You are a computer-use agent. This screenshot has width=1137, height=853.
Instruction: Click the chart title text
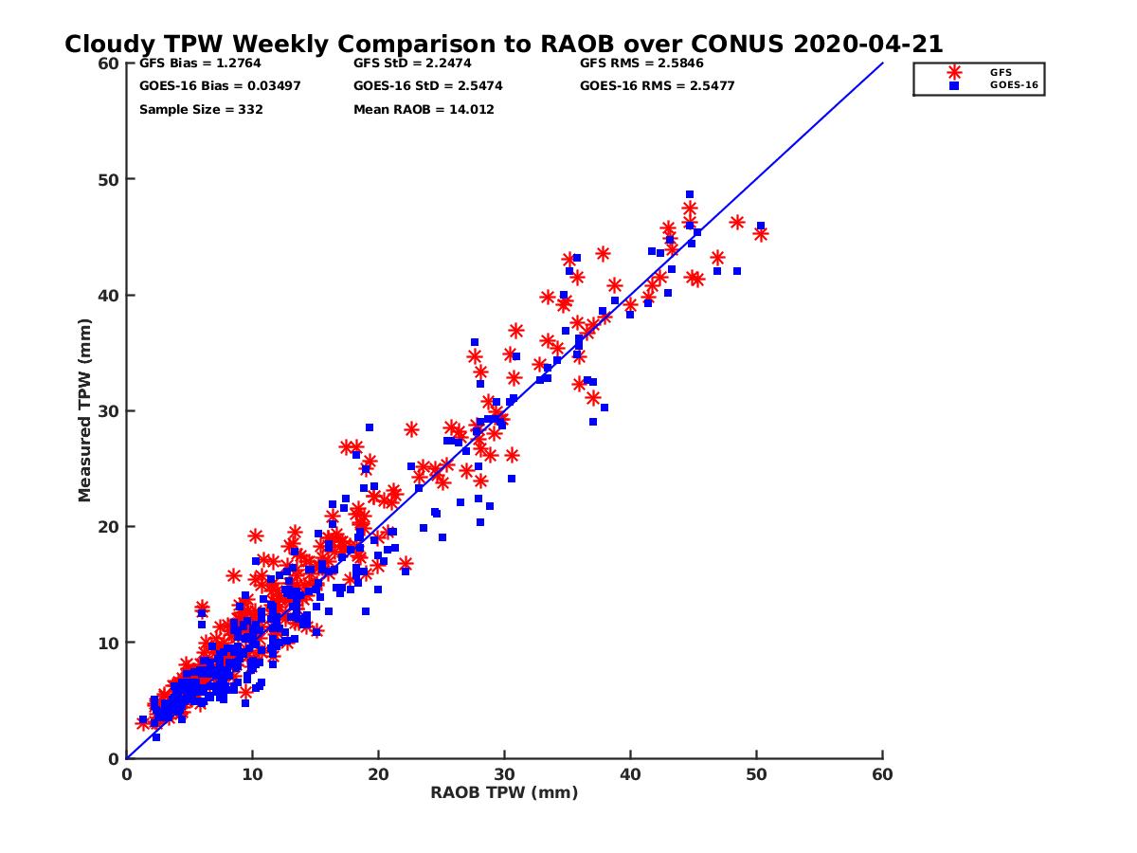503,44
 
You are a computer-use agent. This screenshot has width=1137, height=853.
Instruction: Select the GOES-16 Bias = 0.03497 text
207,86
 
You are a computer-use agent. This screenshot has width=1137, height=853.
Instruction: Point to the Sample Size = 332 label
201,109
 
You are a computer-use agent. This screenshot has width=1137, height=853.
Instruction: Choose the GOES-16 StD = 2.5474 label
427,86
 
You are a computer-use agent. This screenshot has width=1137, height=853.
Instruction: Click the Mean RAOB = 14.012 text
424,109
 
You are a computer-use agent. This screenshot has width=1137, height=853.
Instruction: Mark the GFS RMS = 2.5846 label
641,64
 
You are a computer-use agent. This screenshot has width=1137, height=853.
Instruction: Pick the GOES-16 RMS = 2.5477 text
657,86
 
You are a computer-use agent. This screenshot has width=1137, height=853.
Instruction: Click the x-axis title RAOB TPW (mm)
504,793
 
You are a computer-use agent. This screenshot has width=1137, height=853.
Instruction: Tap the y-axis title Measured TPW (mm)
84,410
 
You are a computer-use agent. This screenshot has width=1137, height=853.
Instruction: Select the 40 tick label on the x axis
630,774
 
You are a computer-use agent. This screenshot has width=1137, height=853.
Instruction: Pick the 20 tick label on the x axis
378,774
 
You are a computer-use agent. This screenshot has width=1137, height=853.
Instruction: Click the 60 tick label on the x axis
882,774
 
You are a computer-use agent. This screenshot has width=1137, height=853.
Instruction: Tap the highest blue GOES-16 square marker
690,194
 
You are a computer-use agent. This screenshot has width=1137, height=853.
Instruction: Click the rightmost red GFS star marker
760,234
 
